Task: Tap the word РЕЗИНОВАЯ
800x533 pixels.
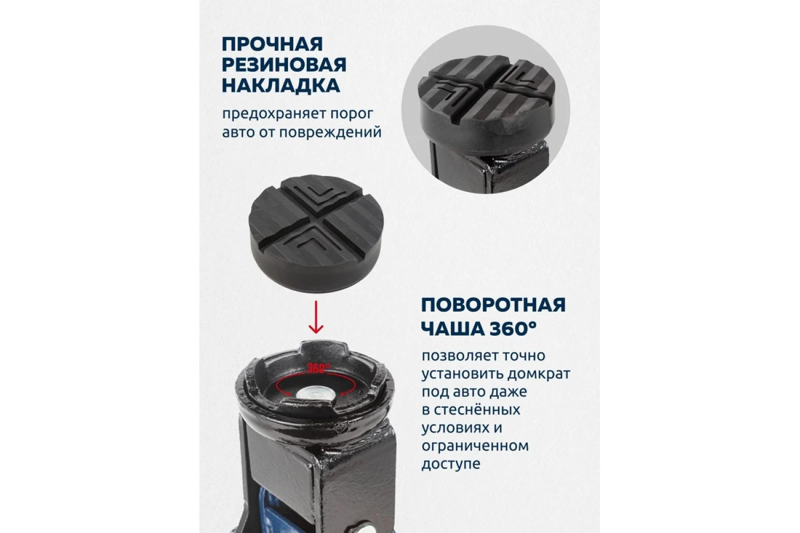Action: (x=284, y=66)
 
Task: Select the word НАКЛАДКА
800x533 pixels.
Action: (x=281, y=86)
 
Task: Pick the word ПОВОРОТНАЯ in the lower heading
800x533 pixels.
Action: (x=493, y=305)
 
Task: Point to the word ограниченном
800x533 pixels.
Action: (x=475, y=446)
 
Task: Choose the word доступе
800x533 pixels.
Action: (x=451, y=464)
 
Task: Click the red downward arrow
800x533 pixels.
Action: (x=316, y=317)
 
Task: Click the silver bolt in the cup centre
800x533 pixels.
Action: (x=315, y=394)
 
